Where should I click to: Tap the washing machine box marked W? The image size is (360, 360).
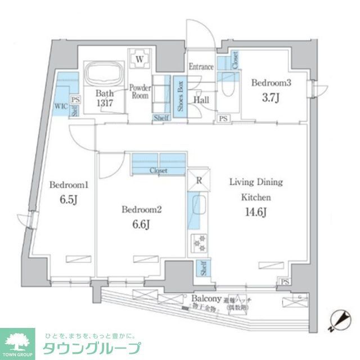pos(139,57)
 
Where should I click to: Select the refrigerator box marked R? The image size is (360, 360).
pos(199,181)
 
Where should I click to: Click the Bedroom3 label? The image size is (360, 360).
pos(271,83)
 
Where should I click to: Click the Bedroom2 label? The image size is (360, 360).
pos(142,210)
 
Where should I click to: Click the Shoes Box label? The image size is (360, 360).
pos(180,97)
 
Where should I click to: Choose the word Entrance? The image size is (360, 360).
pos(201,67)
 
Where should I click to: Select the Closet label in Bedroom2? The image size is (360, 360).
pos(159,170)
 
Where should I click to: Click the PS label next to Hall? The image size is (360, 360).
pos(223,119)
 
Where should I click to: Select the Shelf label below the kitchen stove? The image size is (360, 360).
pos(201,269)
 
